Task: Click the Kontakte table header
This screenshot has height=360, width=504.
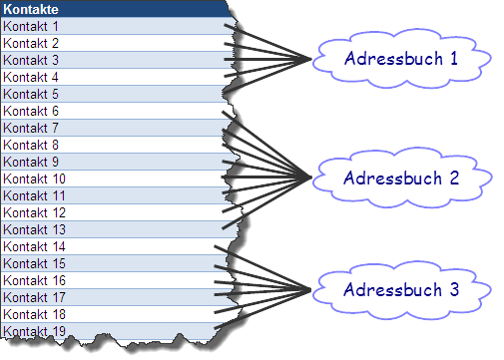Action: (x=110, y=9)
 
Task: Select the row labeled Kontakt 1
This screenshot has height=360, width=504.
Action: (x=110, y=26)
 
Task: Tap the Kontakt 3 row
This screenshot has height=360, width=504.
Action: (x=110, y=60)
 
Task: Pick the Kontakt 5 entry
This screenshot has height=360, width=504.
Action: (x=110, y=94)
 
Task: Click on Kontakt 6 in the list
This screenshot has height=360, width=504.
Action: (x=110, y=111)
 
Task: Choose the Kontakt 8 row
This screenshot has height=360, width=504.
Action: (x=110, y=145)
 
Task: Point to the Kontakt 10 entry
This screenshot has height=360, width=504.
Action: (x=110, y=179)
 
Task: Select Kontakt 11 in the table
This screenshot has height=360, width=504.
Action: (x=110, y=195)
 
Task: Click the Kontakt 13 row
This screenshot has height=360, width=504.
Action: (x=110, y=229)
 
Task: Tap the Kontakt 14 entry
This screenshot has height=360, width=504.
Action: (x=110, y=246)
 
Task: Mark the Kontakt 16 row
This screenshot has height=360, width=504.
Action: (x=110, y=280)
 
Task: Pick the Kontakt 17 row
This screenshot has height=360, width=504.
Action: (x=110, y=297)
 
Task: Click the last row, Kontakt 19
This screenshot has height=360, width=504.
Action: (x=110, y=330)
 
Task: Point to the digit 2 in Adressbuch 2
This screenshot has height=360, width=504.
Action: (x=454, y=180)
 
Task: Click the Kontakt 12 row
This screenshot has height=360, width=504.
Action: (x=110, y=212)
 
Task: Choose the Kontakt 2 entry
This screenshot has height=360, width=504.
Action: (x=110, y=43)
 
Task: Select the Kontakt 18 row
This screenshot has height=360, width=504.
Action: (x=110, y=314)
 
